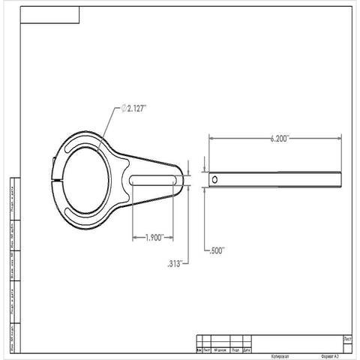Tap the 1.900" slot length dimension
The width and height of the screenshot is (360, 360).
[x=154, y=238]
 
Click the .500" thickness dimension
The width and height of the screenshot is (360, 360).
[x=215, y=250]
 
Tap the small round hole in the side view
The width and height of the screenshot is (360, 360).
[x=216, y=180]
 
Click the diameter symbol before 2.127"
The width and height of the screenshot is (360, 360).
[x=121, y=109]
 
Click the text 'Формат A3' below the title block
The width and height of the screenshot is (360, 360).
[x=330, y=356]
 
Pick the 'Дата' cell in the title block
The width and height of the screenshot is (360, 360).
[x=247, y=350]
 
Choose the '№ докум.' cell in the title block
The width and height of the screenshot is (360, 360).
[x=220, y=350]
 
